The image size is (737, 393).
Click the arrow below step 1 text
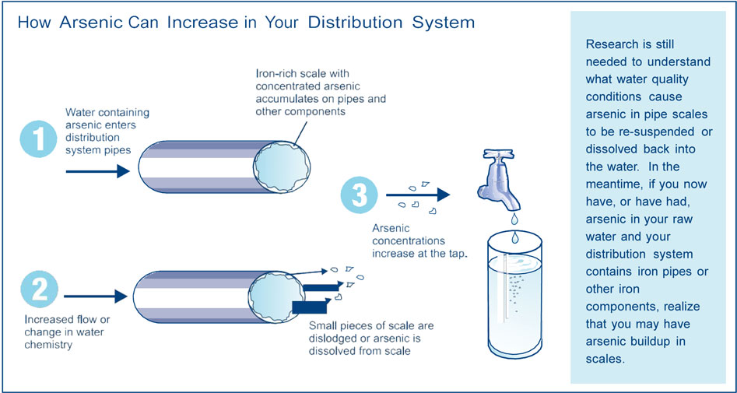click(98, 171)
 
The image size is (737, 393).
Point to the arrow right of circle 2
click(96, 297)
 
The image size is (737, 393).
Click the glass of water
click(514, 294)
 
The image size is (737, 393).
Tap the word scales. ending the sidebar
click(605, 359)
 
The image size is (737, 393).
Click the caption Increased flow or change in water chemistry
click(67, 332)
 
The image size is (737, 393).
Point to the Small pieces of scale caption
click(371, 338)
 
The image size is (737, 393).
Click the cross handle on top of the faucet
click(498, 156)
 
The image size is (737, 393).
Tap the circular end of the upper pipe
click(281, 167)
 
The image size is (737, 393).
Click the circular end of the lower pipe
click(276, 297)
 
